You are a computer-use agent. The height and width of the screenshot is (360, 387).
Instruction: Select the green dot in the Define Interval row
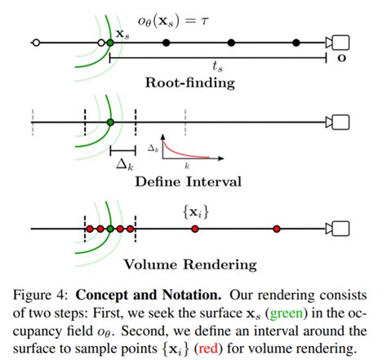point(110,122)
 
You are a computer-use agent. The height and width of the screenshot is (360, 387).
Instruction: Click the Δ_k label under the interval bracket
point(123,163)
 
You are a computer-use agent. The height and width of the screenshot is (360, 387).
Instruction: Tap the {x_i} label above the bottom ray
point(194,211)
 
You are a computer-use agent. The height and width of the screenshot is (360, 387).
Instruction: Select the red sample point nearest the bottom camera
point(276,229)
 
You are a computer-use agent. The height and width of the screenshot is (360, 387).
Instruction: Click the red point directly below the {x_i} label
point(194,229)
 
